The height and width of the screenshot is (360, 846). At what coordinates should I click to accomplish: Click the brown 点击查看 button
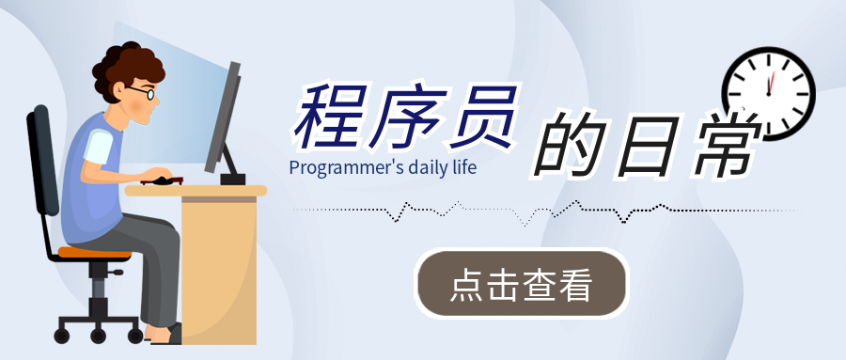pos(522,283)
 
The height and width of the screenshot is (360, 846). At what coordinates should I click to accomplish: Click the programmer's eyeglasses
pos(142,92)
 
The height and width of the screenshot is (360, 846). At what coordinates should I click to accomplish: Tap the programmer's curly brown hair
pos(128,69)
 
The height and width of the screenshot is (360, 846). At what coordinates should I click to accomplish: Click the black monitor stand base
pos(232,180)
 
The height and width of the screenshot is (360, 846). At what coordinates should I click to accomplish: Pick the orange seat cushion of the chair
pos(94,253)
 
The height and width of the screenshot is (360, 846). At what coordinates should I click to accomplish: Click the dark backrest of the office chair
pos(42,161)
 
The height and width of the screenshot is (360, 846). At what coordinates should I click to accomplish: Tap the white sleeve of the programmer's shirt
pos(98,147)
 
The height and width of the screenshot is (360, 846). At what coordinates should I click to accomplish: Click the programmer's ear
pos(120,89)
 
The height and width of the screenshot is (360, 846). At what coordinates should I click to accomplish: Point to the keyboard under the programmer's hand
pos(162,180)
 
